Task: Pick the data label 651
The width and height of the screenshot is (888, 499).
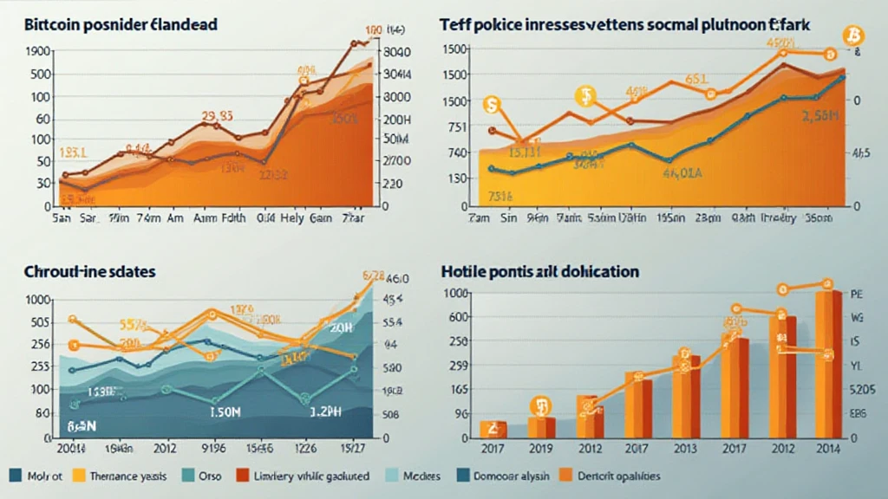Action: pyautogui.click(x=696, y=80)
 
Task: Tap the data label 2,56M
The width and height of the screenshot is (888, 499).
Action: pyautogui.click(x=819, y=117)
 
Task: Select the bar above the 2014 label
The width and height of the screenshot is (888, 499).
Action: pyautogui.click(x=827, y=364)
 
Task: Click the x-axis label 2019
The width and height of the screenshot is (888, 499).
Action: pyautogui.click(x=541, y=450)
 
